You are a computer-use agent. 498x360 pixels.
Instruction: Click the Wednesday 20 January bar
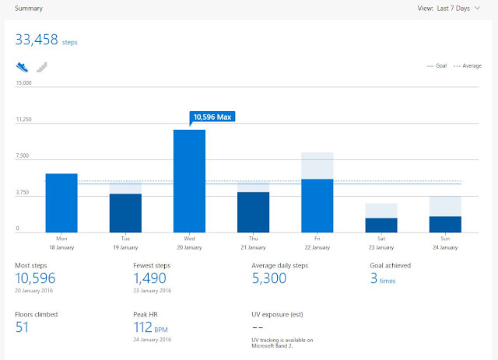pos(189,181)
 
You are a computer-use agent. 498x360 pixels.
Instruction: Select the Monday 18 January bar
pos(61,203)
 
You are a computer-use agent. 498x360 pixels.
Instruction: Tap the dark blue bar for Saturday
pos(381,225)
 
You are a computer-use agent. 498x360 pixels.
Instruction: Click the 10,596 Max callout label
pos(212,117)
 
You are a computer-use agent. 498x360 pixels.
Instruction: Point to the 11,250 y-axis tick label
pos(24,120)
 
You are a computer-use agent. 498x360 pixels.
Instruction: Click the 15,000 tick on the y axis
pos(24,83)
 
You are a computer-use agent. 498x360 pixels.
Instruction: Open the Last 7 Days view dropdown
pos(449,9)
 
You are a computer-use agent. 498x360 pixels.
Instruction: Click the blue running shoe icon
pos(23,67)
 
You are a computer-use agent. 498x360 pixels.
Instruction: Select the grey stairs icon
pos(41,68)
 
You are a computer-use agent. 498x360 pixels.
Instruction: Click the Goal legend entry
pos(437,66)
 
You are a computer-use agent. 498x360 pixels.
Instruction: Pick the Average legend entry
pos(468,66)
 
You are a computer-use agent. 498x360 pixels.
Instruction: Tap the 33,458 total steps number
pos(37,40)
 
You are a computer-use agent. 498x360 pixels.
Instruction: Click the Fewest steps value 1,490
pos(149,278)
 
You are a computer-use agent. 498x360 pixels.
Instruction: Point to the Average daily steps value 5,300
pos(269,278)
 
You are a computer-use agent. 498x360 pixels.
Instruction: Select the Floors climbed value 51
pos(22,327)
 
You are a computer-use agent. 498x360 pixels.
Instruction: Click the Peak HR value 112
pos(142,327)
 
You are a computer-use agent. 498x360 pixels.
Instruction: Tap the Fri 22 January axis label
pos(317,243)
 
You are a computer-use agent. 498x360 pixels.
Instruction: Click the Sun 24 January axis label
pos(445,243)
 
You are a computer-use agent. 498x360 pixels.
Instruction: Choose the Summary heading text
pos(29,9)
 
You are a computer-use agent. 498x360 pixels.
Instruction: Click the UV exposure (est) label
pos(277,315)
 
